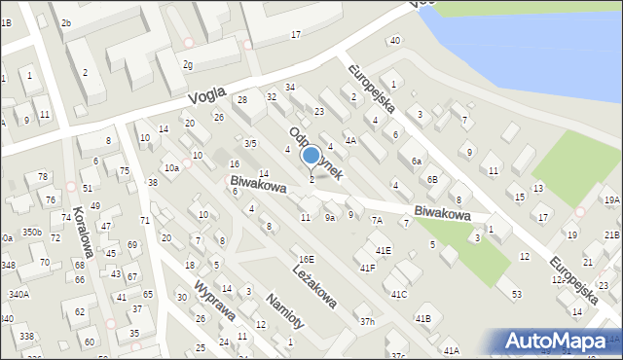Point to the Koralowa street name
[83, 232]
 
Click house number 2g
[187, 64]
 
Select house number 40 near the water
[394, 40]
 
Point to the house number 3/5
[250, 143]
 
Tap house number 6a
[416, 161]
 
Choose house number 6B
[432, 179]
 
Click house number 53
[516, 294]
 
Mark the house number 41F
[367, 268]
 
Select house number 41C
[399, 294]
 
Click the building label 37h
[366, 321]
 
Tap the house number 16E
[307, 259]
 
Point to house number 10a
[171, 168]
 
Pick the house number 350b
[32, 233]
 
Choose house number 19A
[611, 199]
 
